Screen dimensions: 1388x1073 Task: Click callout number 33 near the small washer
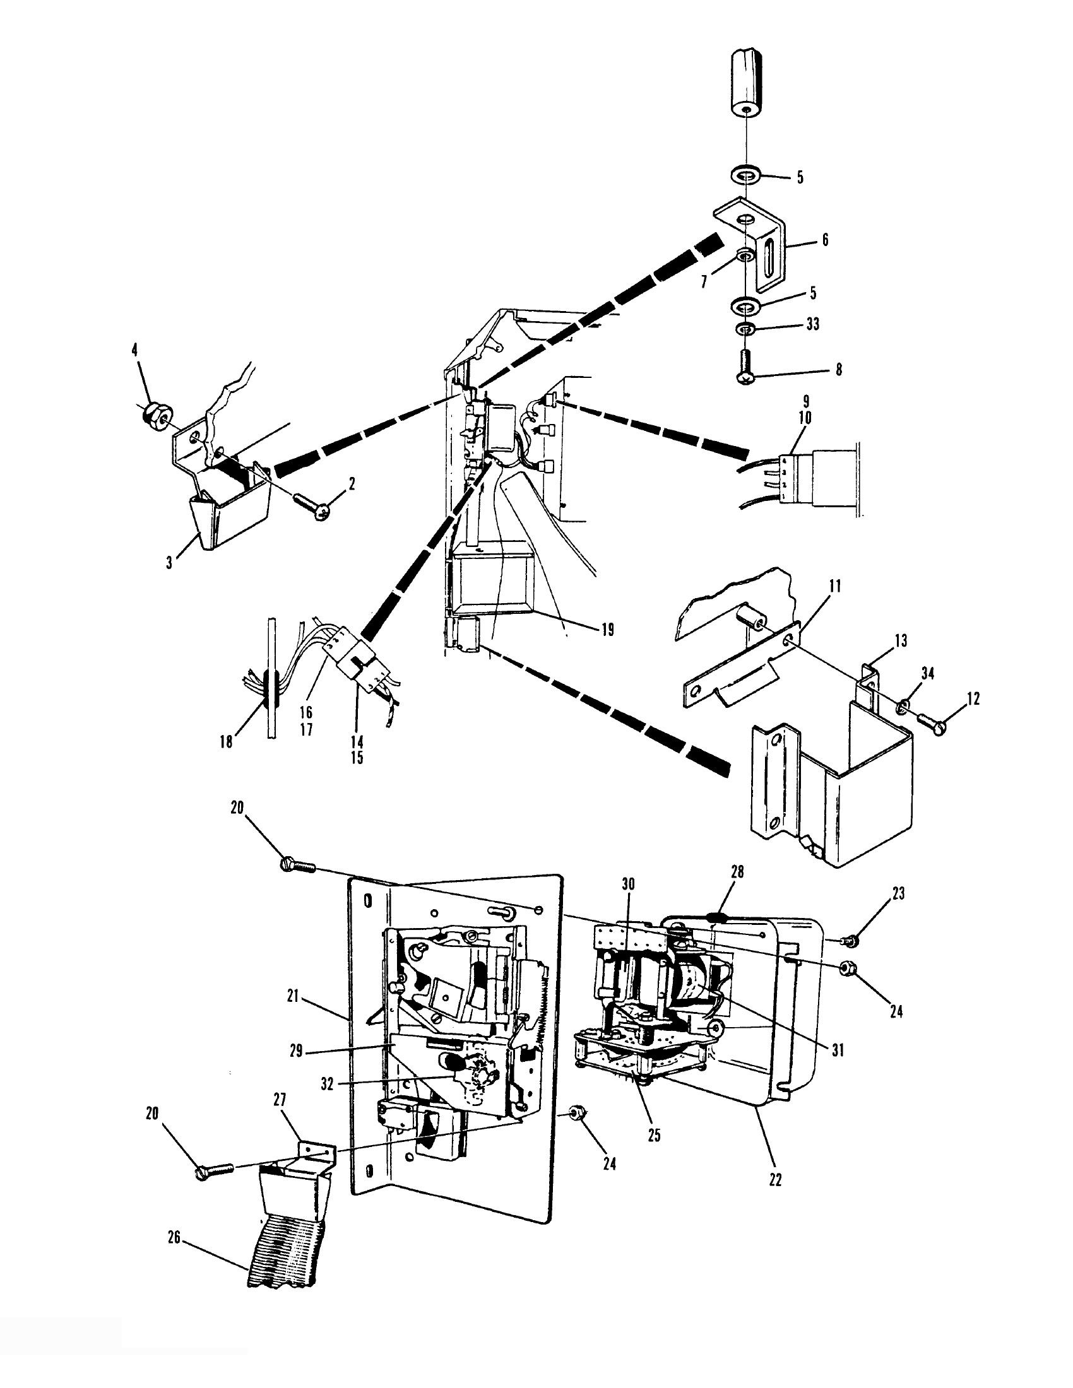[812, 324]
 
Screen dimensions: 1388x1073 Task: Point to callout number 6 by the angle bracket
[825, 240]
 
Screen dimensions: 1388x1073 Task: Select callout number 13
[901, 640]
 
